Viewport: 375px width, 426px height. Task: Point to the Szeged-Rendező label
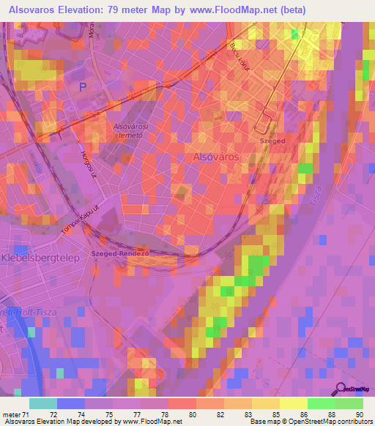tap(120, 253)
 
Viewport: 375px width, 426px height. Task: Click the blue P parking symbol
tap(83, 86)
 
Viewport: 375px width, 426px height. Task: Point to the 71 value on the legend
tap(28, 414)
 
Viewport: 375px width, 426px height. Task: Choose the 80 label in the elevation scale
tap(192, 414)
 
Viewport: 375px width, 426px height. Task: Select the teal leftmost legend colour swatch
tap(42, 403)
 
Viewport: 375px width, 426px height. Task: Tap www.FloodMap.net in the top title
tap(229, 10)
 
